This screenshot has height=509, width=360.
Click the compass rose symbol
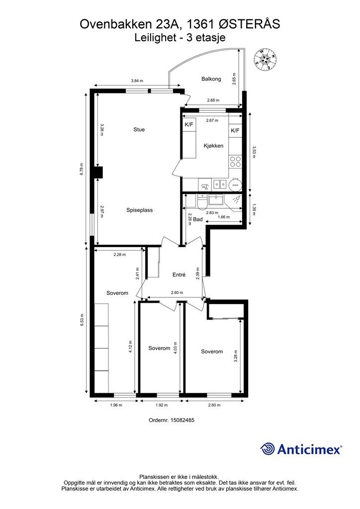click(265, 59)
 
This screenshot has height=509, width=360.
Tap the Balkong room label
click(211, 79)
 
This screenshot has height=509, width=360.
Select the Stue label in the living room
click(139, 130)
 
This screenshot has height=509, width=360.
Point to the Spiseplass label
click(139, 210)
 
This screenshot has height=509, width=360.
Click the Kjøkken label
click(213, 146)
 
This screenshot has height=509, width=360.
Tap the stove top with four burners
click(235, 162)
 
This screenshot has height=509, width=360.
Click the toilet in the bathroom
click(202, 201)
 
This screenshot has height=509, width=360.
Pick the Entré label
click(179, 274)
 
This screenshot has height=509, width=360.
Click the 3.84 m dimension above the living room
click(137, 81)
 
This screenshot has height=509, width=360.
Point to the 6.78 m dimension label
click(82, 169)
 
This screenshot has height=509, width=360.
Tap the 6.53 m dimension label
click(82, 320)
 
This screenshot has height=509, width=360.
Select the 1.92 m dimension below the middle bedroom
click(162, 405)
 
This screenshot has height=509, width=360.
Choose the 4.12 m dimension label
click(130, 346)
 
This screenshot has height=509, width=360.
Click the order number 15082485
click(172, 420)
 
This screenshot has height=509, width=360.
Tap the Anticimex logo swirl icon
click(267, 449)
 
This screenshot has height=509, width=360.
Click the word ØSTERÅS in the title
click(249, 24)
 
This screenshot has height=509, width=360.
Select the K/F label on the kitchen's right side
click(235, 131)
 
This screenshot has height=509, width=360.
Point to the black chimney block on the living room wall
click(98, 172)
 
